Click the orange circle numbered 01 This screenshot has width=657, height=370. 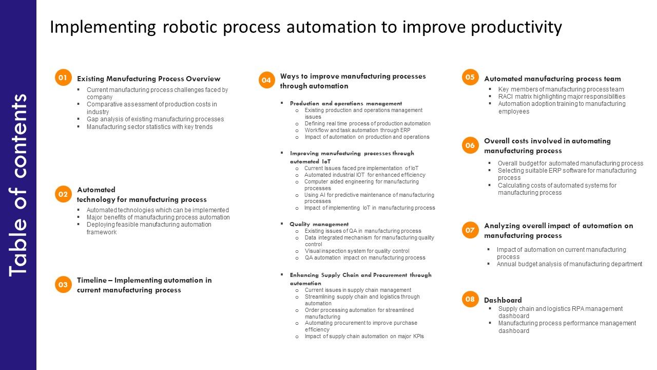click(x=63, y=78)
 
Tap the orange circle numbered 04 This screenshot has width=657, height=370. click(x=266, y=80)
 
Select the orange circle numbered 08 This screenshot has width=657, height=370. click(x=470, y=299)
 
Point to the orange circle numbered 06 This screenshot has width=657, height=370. click(x=470, y=145)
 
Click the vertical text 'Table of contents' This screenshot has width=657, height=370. click(x=18, y=185)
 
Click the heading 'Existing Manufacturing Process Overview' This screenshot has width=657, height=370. click(x=148, y=79)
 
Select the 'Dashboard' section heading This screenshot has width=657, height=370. click(x=503, y=300)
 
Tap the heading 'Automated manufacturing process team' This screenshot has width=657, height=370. click(x=552, y=79)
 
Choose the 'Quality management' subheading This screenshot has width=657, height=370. click(x=319, y=225)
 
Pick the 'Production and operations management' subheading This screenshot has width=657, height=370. click(x=346, y=103)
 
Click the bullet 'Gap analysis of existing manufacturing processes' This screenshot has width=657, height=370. click(x=155, y=119)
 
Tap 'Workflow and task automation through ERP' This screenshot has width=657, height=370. click(x=357, y=131)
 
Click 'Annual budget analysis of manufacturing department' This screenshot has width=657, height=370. click(x=569, y=264)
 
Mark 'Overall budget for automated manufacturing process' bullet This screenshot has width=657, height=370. click(x=570, y=163)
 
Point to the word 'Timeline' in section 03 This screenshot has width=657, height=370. click(x=92, y=281)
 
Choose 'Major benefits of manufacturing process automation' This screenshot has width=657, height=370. click(x=158, y=217)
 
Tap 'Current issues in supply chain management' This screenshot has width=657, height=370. click(x=358, y=290)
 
